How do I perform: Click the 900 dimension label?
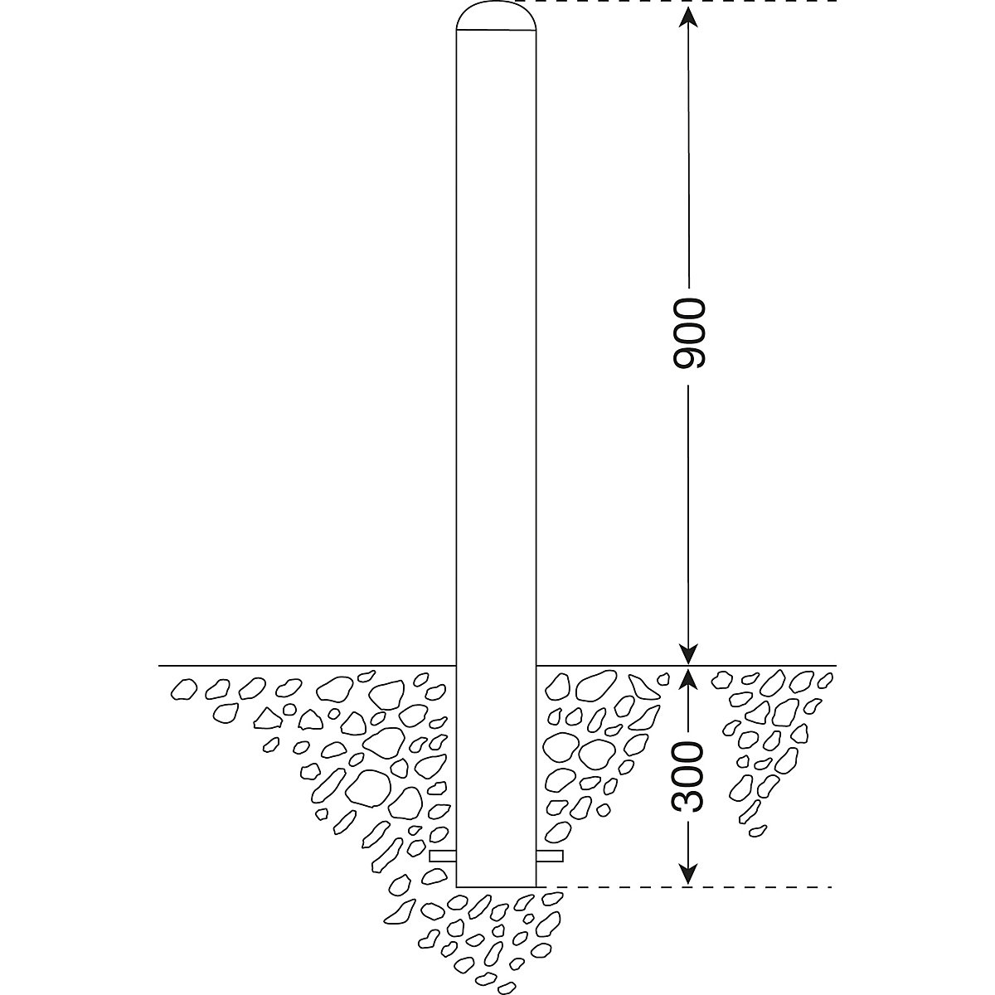pos(689,333)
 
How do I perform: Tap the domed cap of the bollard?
pos(496,17)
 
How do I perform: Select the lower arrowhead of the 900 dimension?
pos(688,654)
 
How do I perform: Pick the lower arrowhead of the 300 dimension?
pos(688,873)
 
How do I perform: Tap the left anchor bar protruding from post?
pos(443,857)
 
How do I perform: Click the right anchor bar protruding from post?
pos(550,857)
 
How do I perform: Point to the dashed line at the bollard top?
pos(676,2)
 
